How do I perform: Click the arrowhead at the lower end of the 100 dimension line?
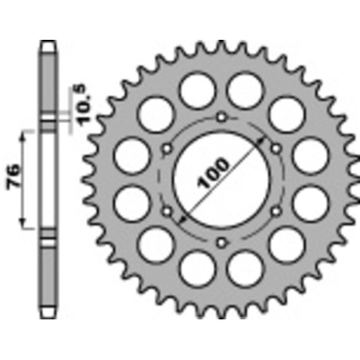pyautogui.click(x=182, y=217)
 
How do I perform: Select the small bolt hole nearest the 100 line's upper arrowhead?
pyautogui.click(x=276, y=149)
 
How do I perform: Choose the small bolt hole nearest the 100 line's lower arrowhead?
pyautogui.click(x=168, y=211)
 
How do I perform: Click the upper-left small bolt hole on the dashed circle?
pyautogui.click(x=168, y=149)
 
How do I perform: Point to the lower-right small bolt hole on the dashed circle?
pyautogui.click(x=276, y=211)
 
